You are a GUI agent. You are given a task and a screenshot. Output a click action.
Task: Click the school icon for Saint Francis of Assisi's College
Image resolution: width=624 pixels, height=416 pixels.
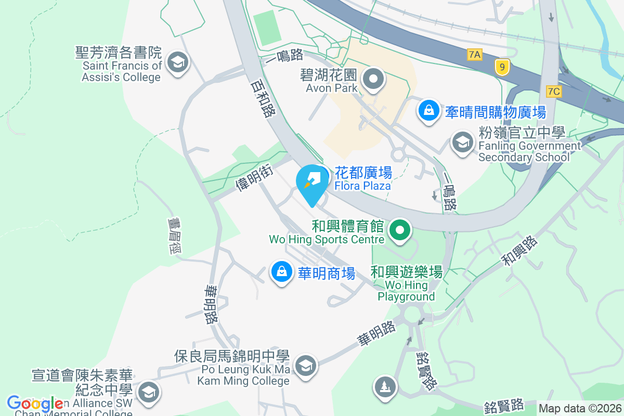coord(178,64)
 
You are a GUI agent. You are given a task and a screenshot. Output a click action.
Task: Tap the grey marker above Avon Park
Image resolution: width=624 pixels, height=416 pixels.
coord(373,80)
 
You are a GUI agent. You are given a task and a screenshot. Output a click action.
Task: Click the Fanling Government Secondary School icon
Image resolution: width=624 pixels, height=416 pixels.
coord(462,141)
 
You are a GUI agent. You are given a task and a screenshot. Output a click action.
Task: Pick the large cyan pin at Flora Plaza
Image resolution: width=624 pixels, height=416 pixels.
coord(313,184)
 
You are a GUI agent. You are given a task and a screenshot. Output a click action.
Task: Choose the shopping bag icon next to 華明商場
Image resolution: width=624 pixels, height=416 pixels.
coord(281,272)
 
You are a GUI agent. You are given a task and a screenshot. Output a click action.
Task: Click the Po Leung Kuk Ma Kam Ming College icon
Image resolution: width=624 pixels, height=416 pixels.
coord(305,366)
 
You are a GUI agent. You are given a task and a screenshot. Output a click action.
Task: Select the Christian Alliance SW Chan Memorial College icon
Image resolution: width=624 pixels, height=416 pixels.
coord(149,392)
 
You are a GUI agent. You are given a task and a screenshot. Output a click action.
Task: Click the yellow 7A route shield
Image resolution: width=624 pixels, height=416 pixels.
coord(474,54)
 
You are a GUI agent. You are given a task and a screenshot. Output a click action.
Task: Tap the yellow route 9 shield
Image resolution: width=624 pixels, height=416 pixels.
coord(502,67)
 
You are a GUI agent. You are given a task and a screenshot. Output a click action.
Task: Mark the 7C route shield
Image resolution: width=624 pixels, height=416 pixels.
coord(554,92)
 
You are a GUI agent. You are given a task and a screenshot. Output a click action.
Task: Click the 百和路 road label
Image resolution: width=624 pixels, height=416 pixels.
coord(262,99)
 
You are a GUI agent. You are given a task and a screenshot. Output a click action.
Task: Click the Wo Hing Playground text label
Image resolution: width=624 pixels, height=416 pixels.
coord(406,291)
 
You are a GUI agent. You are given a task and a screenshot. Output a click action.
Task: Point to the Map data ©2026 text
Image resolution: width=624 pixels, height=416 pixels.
coord(580,408)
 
